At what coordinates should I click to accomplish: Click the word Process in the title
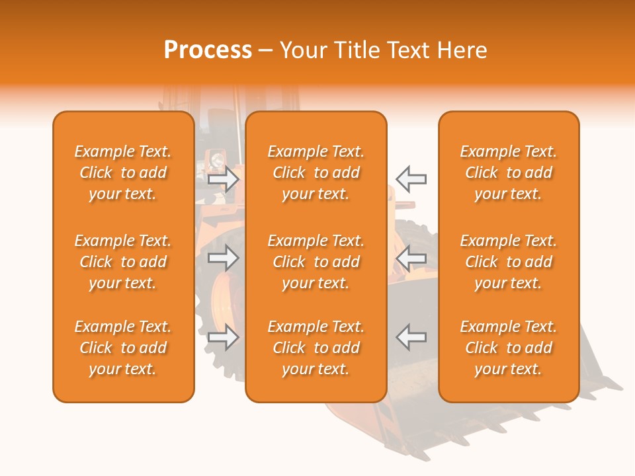[x=208, y=50]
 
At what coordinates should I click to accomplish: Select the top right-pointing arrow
[x=223, y=178]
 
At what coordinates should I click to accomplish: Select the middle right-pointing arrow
[x=223, y=258]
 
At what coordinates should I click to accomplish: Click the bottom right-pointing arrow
[x=223, y=337]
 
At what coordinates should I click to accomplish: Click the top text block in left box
[x=123, y=173]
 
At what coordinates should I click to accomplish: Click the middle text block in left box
[x=123, y=262]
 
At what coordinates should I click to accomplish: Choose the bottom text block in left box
[x=123, y=348]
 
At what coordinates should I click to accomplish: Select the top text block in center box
[x=316, y=173]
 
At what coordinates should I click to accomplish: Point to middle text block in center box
[x=316, y=262]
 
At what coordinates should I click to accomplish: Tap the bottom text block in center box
[x=316, y=348]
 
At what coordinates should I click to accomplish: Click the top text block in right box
[x=509, y=173]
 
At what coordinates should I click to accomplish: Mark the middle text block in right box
[x=509, y=262]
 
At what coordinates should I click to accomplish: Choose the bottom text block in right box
[x=509, y=348]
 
